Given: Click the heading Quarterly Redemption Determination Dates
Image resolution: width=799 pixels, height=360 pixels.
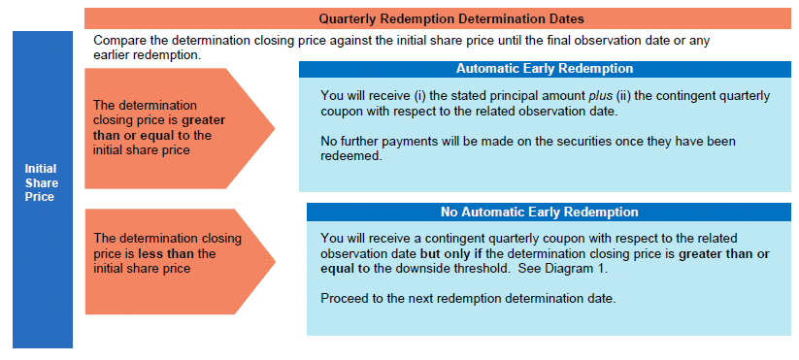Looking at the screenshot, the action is (x=451, y=18).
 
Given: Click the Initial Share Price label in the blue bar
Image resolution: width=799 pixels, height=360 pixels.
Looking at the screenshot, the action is (x=42, y=182).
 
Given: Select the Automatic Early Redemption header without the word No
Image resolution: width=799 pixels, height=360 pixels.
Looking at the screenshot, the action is (x=545, y=69).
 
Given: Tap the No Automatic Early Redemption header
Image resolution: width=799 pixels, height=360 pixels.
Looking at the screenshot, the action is (x=539, y=212).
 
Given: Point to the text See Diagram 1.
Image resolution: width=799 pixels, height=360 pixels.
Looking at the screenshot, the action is (x=564, y=270).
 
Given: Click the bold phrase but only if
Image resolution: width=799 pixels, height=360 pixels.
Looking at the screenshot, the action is (x=452, y=253).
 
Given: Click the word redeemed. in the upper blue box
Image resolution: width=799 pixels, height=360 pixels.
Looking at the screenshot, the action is (x=351, y=156).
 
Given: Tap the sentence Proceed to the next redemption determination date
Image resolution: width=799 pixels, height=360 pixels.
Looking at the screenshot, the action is (x=468, y=299).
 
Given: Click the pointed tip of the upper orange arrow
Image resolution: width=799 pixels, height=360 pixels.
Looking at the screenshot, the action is (x=275, y=128).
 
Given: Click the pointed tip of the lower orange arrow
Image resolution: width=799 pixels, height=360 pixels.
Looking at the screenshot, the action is (x=275, y=262).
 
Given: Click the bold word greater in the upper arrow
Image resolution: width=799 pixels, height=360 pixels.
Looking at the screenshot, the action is (x=203, y=120).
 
